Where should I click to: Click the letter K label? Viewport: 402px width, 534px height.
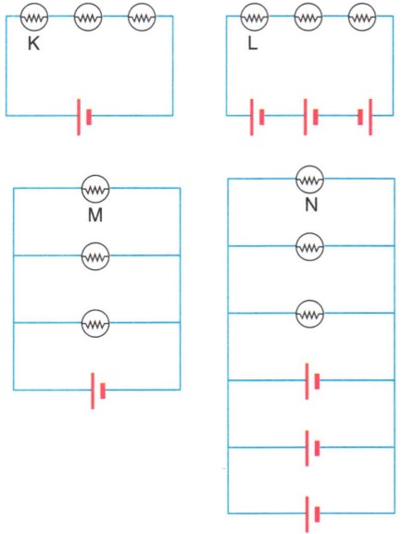pyautogui.click(x=33, y=43)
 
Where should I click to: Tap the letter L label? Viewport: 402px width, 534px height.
pyautogui.click(x=252, y=43)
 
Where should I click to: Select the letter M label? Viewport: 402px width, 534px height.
pyautogui.click(x=95, y=215)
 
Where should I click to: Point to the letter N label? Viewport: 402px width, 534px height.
pyautogui.click(x=311, y=205)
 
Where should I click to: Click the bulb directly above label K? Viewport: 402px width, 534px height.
pyautogui.click(x=34, y=17)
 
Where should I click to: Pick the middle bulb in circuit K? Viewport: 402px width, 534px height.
pyautogui.click(x=88, y=17)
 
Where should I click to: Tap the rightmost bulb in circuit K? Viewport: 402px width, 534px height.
pyautogui.click(x=142, y=17)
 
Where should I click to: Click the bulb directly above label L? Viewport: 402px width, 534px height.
pyautogui.click(x=255, y=17)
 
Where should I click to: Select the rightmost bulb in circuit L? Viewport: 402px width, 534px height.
pyautogui.click(x=362, y=17)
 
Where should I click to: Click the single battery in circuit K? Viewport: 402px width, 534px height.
pyautogui.click(x=84, y=117)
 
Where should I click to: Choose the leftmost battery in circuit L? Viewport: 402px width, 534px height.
pyautogui.click(x=258, y=117)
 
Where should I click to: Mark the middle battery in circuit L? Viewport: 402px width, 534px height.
pyautogui.click(x=310, y=117)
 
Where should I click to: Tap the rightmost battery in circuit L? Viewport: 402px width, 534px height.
pyautogui.click(x=365, y=117)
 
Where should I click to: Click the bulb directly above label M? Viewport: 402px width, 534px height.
pyautogui.click(x=95, y=189)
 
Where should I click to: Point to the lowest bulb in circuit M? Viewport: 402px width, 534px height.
pyautogui.click(x=95, y=324)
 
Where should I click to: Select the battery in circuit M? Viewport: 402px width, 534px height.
pyautogui.click(x=98, y=391)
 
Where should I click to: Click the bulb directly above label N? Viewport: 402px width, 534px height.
pyautogui.click(x=309, y=180)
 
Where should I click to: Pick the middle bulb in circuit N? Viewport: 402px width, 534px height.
pyautogui.click(x=309, y=246)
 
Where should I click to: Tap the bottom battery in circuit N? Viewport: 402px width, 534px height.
pyautogui.click(x=313, y=515)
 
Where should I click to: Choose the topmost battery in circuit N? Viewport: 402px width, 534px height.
pyautogui.click(x=313, y=381)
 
